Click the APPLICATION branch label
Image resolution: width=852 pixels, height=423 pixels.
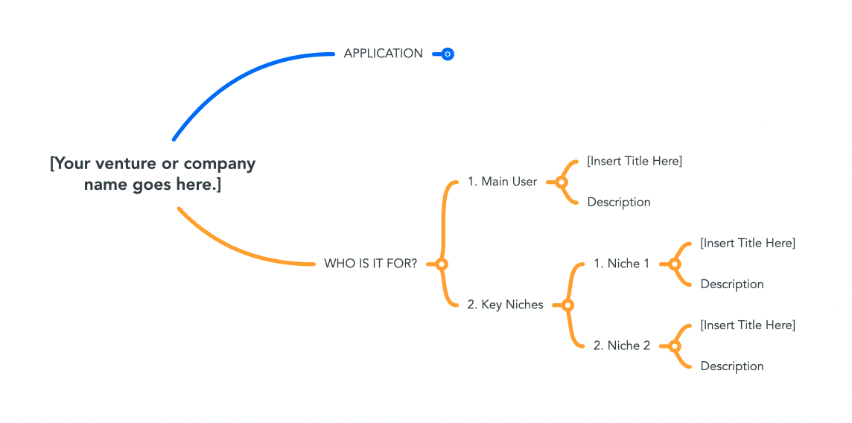[383, 54]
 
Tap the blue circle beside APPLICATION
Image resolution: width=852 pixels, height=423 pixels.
[447, 54]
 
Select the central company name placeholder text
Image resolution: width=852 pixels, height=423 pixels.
[153, 174]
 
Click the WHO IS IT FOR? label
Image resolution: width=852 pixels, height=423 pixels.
[371, 264]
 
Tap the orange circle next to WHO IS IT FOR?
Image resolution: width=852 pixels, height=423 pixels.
[442, 264]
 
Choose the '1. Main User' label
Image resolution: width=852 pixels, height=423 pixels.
[502, 182]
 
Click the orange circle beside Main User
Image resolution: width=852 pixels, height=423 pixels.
[562, 182]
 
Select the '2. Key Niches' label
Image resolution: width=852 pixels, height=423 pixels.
[506, 305]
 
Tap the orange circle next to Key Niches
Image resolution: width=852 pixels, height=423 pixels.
[568, 305]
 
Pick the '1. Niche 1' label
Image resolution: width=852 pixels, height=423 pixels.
[622, 264]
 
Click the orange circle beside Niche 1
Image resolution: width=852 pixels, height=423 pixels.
[674, 264]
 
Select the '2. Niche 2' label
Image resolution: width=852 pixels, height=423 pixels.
[622, 346]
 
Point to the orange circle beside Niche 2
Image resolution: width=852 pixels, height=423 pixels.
[674, 346]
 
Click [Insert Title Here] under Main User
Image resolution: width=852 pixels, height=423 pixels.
[635, 162]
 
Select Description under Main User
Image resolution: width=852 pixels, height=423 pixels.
[619, 202]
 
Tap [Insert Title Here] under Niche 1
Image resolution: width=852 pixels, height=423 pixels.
[748, 244]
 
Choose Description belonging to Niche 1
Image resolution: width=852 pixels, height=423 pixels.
[732, 284]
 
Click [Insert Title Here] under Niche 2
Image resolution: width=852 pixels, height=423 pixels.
[748, 325]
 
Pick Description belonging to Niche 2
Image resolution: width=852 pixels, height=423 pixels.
[732, 366]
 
